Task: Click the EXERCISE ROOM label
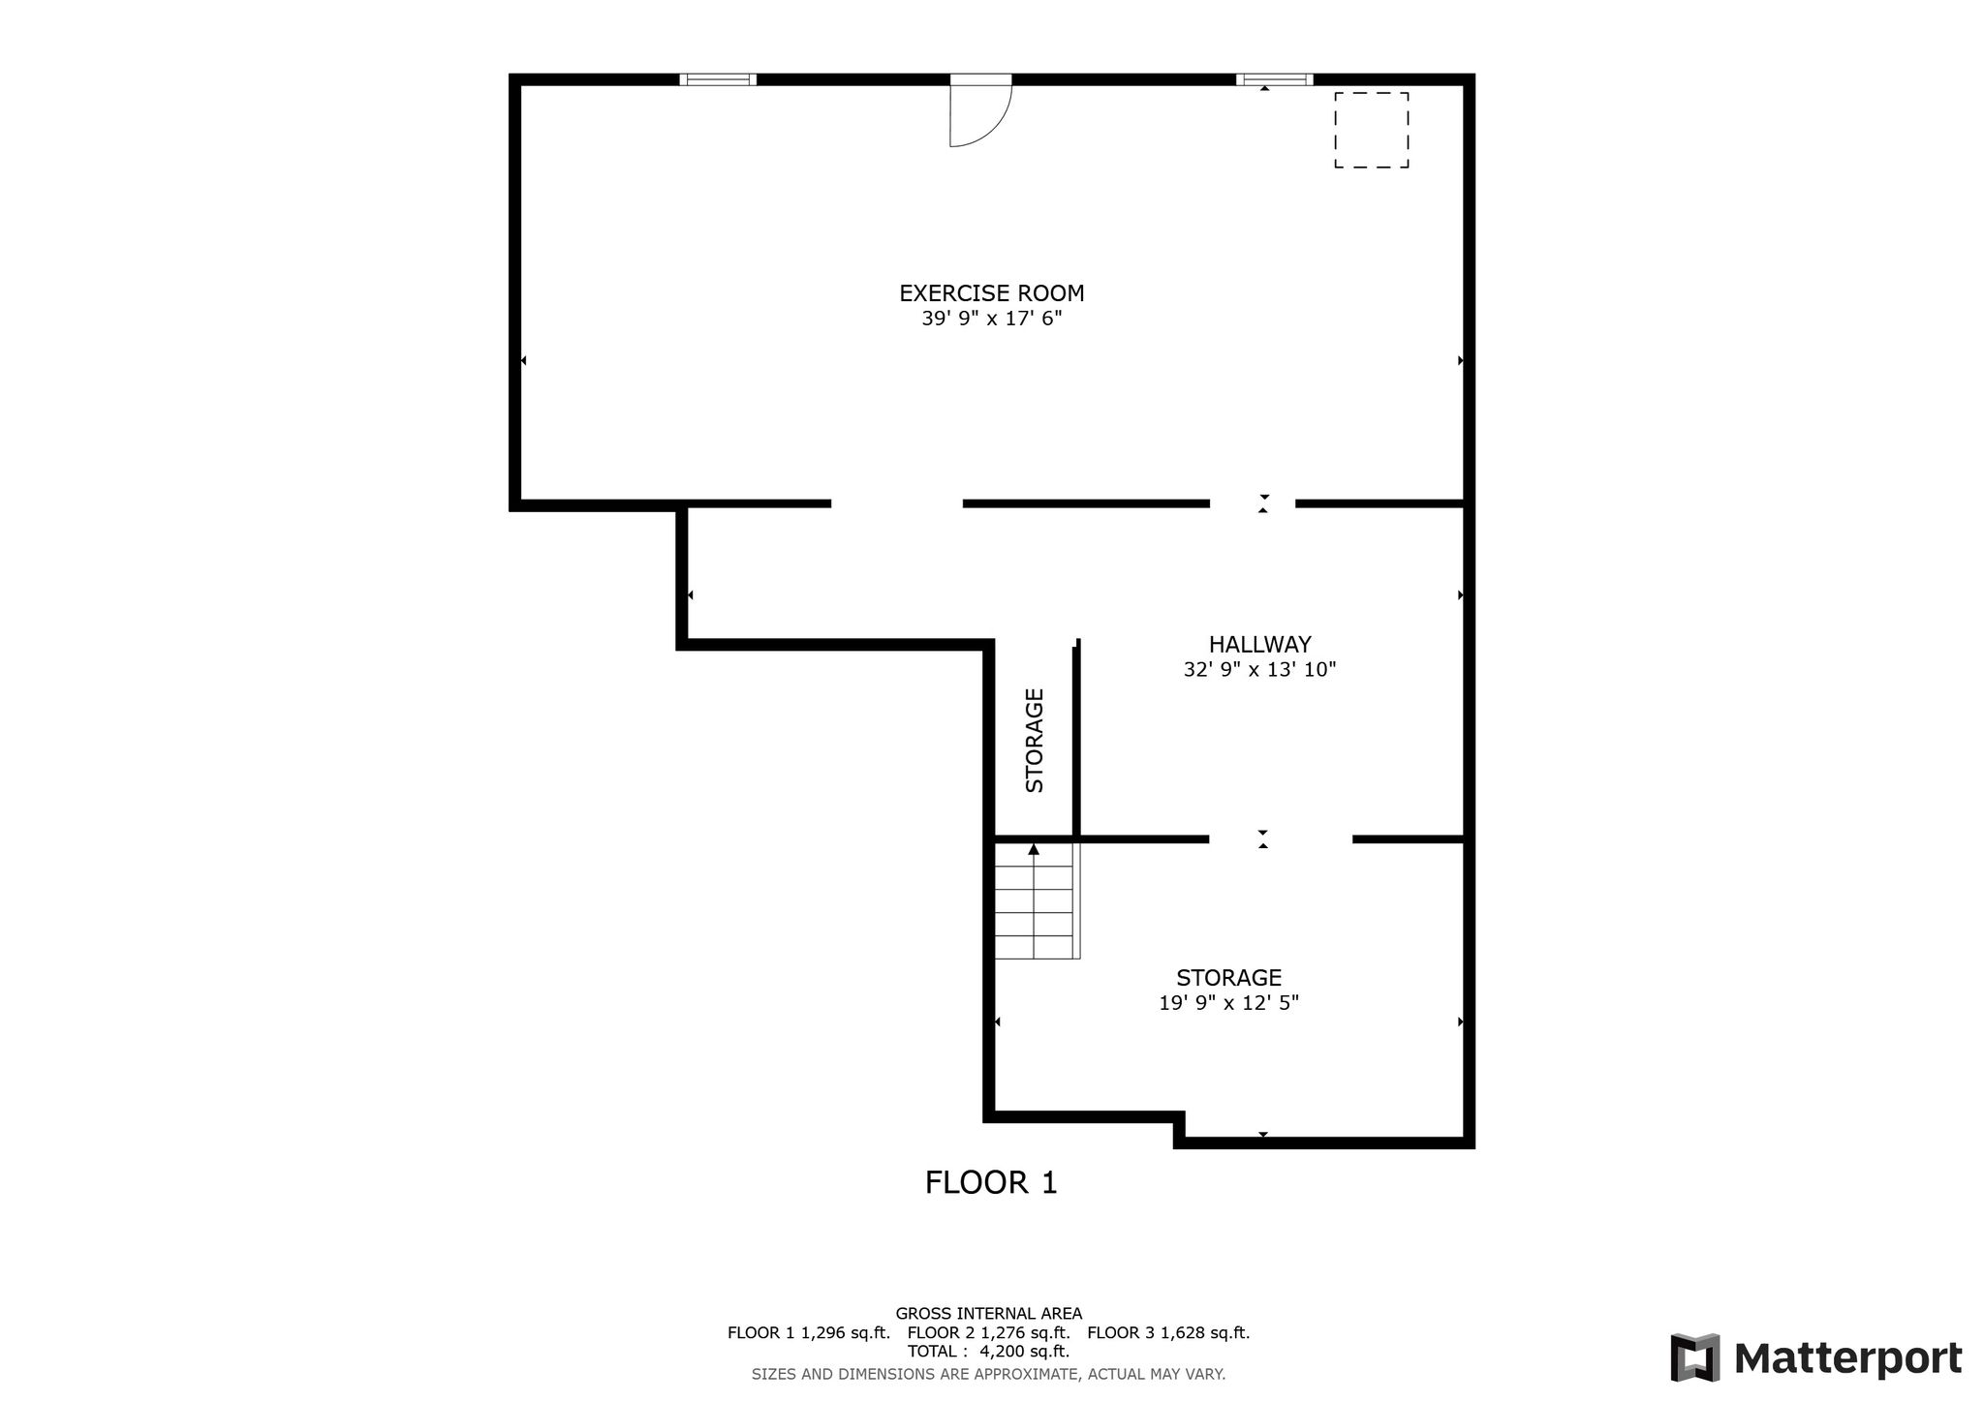991,293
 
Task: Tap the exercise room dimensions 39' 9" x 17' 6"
991,319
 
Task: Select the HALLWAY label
1259,645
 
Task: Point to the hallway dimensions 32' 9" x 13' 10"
1259,669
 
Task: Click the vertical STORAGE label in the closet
1035,741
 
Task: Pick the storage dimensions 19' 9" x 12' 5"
1228,1003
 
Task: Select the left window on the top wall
717,79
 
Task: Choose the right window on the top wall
1274,79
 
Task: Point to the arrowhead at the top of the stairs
1034,849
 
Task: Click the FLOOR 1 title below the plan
991,1182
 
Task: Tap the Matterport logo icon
1695,1357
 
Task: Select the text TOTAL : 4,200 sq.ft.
988,1351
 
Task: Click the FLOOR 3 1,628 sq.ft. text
1168,1332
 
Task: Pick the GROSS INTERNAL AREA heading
988,1314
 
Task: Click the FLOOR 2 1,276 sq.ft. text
988,1332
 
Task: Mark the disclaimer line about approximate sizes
988,1374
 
